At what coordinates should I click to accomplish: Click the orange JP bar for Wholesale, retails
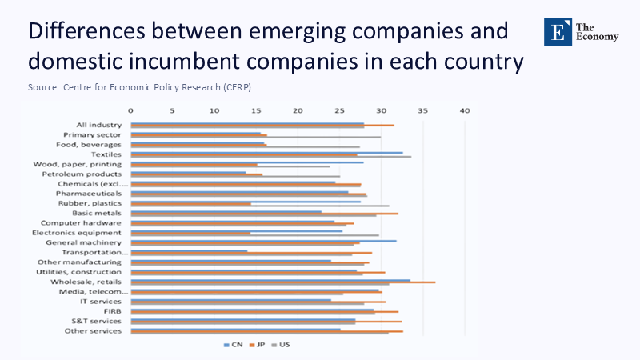283,282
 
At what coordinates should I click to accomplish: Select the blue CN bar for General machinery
263,241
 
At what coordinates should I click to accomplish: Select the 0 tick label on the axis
130,110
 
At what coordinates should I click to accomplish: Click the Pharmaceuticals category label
89,194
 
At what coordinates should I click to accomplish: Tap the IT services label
101,302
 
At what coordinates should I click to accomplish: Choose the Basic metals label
97,213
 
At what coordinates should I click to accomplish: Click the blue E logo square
558,31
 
